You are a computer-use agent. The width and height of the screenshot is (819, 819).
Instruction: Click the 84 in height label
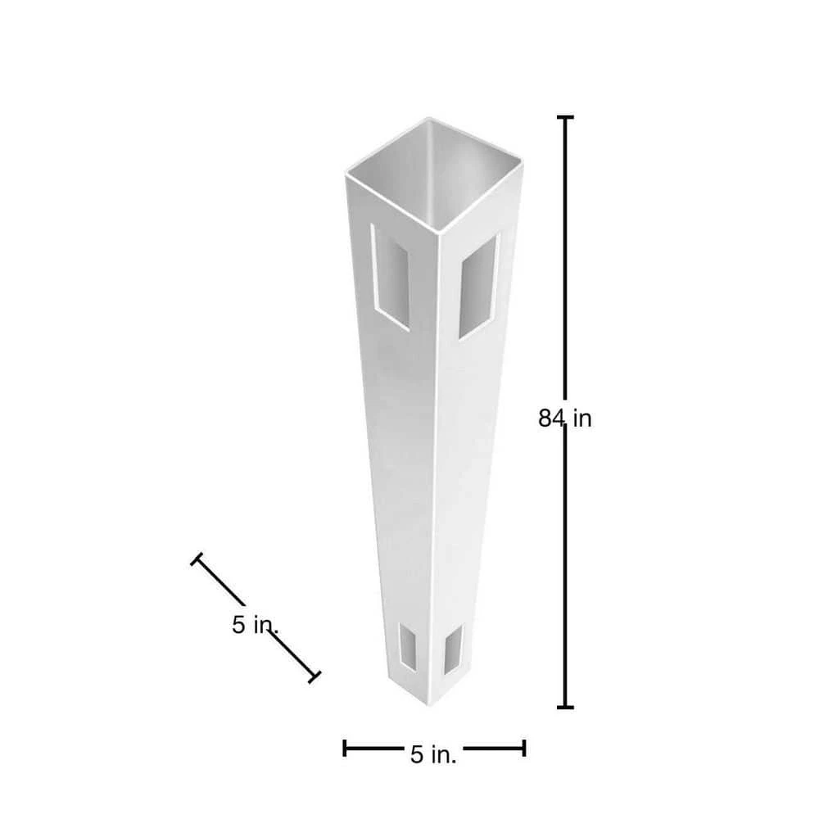(x=564, y=419)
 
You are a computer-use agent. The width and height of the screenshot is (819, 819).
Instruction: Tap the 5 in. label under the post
(x=433, y=754)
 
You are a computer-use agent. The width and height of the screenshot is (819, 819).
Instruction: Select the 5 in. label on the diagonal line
(x=255, y=625)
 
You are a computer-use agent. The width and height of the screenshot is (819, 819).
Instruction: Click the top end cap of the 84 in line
(x=564, y=117)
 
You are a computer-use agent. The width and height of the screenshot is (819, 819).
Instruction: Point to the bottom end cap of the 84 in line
(x=565, y=708)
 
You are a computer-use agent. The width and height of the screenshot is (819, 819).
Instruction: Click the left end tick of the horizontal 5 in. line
(x=344, y=748)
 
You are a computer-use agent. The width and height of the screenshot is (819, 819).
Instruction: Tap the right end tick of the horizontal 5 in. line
(x=524, y=748)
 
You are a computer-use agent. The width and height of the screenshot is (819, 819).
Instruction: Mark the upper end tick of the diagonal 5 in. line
(x=197, y=559)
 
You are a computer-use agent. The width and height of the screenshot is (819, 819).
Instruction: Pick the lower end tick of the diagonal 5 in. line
(x=314, y=677)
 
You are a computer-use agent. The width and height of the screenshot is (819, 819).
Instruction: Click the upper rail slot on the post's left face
(x=391, y=277)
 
